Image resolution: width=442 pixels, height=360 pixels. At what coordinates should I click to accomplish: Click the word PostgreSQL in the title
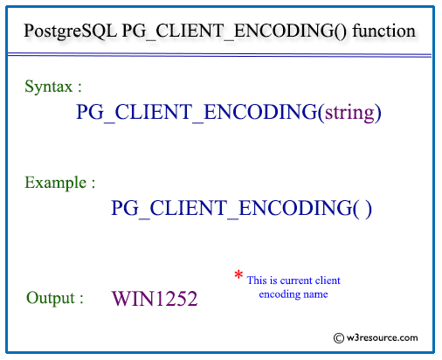point(70,31)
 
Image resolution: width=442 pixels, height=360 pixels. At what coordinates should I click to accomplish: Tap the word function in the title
point(383,31)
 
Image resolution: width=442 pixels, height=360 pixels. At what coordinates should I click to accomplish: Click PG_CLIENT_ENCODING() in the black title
point(234,31)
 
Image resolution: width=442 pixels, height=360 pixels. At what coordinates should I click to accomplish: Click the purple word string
point(349,113)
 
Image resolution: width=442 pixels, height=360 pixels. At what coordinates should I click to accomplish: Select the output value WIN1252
point(155,299)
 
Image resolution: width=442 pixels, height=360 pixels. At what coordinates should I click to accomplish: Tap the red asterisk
point(238,274)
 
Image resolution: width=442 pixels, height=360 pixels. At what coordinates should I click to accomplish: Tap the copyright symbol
point(339,338)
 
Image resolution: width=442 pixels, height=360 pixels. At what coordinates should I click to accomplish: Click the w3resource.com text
point(382,338)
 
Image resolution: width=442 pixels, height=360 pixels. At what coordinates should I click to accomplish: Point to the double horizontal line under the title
point(219,55)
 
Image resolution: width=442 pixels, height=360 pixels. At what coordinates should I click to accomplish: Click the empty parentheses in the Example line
point(363,209)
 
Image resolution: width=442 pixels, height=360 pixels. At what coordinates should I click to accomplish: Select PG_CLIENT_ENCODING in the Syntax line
point(197,113)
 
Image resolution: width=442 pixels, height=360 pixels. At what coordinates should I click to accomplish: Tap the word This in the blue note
point(257,280)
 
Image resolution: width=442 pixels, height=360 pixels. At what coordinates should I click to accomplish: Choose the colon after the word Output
point(81,299)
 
